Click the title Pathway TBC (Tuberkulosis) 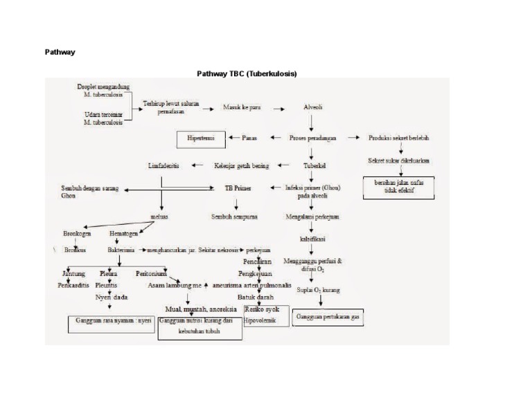click(247, 73)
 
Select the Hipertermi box click(201, 138)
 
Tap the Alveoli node click(313, 108)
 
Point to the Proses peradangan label click(313, 138)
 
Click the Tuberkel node click(315, 166)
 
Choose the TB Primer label click(238, 188)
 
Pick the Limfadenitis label click(164, 166)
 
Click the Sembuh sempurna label click(235, 217)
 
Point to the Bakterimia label click(121, 249)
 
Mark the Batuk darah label click(255, 297)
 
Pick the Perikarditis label click(73, 284)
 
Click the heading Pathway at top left click(60, 52)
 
